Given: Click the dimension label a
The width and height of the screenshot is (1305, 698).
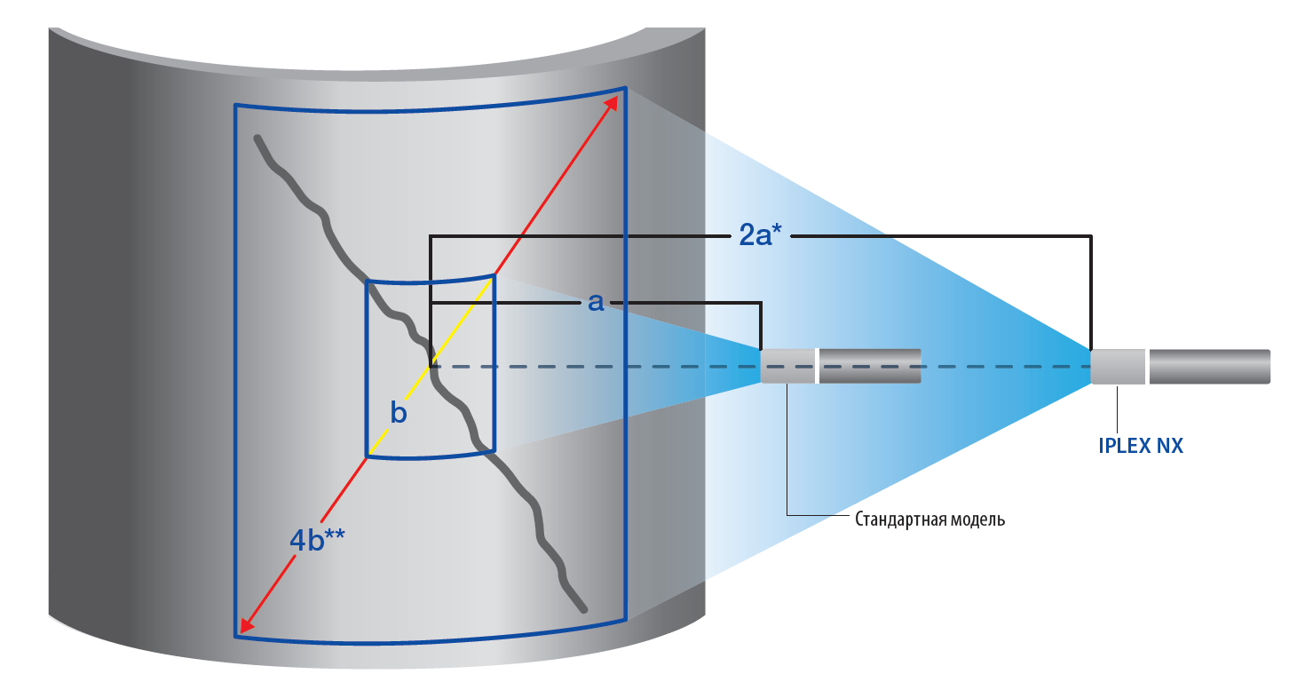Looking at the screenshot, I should tap(596, 303).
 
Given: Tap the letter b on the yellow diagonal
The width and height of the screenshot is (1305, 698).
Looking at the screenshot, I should tap(399, 413).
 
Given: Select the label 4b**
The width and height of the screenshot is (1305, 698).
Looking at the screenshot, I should tap(317, 539).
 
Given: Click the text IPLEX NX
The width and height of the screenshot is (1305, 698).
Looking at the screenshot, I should tap(1141, 446).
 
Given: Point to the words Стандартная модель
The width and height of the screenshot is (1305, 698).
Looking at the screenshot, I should tap(929, 519).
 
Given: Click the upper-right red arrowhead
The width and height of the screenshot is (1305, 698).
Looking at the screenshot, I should tap(612, 102).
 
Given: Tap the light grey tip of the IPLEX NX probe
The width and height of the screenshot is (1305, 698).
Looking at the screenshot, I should tap(1118, 367).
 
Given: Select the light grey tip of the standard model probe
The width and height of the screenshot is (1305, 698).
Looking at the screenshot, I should tap(787, 366).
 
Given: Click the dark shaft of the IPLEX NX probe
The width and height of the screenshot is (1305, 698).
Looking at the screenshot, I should tap(1209, 367).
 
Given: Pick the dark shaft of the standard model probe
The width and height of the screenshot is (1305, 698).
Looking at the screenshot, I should tap(869, 366).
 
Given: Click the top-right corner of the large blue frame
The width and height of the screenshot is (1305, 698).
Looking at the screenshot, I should tap(625, 89).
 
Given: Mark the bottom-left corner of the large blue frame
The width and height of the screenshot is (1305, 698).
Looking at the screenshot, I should tap(236, 636).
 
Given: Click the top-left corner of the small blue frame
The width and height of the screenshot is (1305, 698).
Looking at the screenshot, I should tap(368, 282).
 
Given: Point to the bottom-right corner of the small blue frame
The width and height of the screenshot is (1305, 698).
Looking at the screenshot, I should tap(493, 451).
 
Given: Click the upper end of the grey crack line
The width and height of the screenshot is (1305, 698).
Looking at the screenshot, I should tap(257, 138).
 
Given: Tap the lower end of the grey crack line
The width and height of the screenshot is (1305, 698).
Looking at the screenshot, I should tap(584, 610).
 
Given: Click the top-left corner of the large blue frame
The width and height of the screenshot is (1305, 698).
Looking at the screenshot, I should tap(236, 106).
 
